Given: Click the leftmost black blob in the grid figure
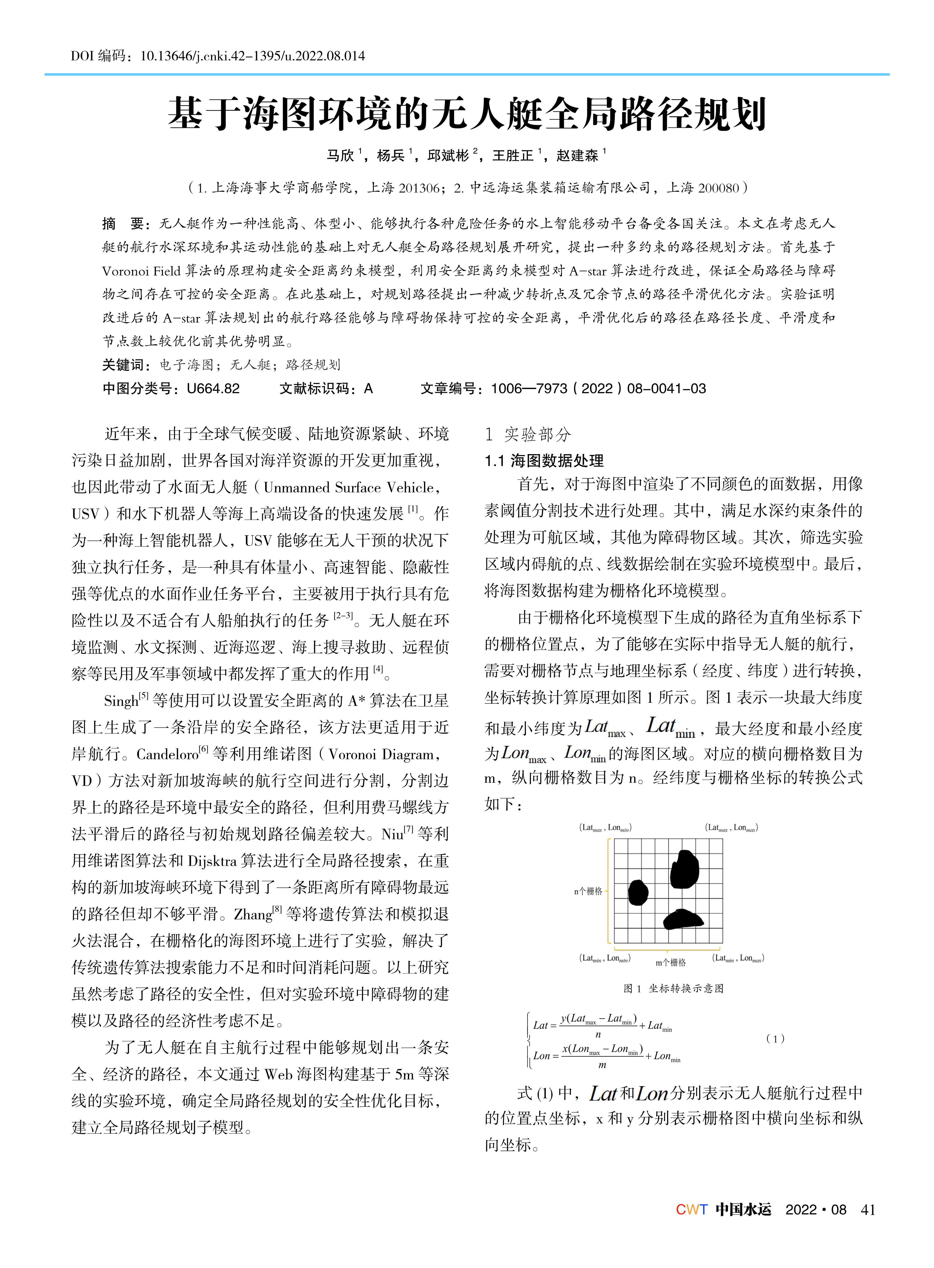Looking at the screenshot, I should (x=638, y=893).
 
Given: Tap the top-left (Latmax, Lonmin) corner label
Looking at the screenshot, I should (x=605, y=828).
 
